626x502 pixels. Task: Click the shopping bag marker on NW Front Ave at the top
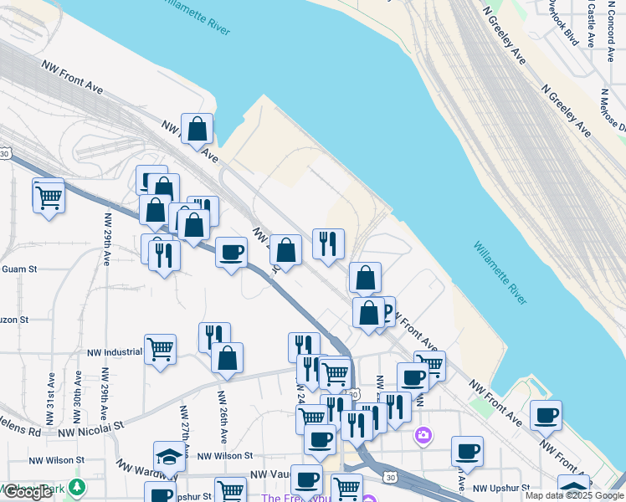tap(197, 130)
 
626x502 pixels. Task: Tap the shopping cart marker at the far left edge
tap(49, 198)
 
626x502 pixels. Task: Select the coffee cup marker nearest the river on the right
tap(546, 415)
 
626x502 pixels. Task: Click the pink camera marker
tap(423, 435)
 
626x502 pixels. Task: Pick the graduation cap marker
tap(169, 457)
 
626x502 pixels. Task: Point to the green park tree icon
tap(78, 486)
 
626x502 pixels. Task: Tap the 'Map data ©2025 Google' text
tap(574, 495)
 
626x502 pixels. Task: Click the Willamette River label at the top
tap(198, 17)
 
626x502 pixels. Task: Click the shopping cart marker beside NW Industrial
tap(160, 349)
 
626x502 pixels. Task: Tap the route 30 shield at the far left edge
tap(5, 154)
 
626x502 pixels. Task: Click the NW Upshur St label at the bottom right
tap(502, 488)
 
